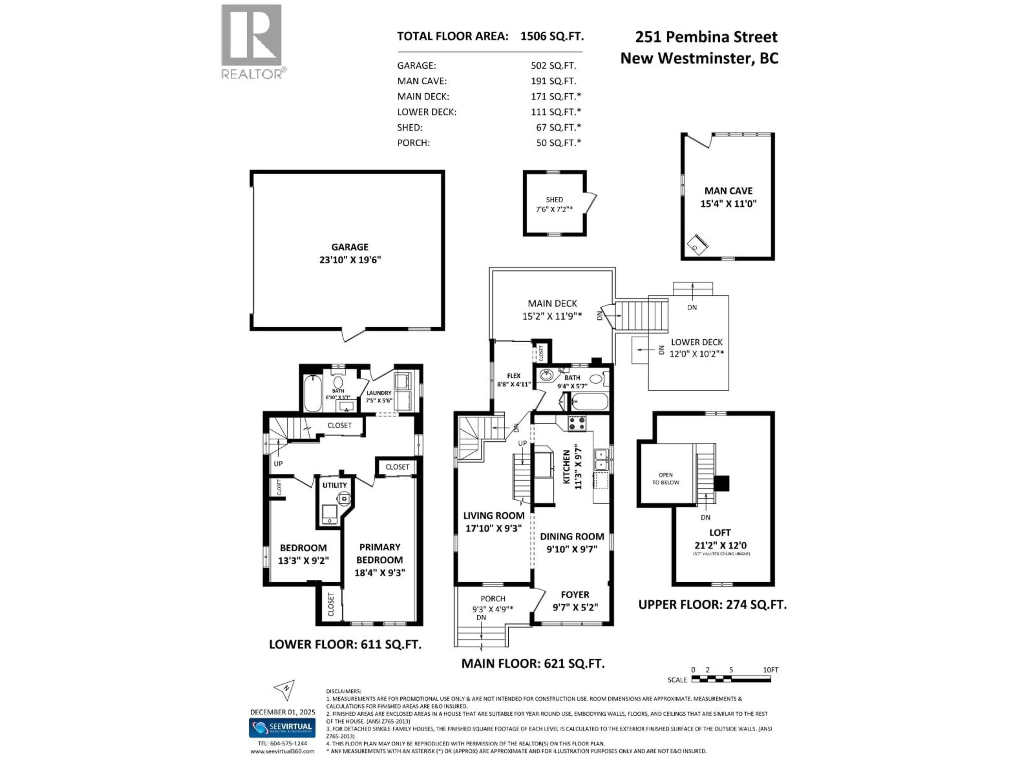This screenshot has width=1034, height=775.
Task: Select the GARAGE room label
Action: click(350, 247)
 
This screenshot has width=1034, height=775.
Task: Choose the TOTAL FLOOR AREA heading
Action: click(452, 36)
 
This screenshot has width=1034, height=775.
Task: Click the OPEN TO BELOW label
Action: click(666, 478)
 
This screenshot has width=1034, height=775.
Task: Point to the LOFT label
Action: click(719, 533)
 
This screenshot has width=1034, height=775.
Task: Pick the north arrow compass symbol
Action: click(285, 689)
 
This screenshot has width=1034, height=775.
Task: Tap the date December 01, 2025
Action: click(282, 712)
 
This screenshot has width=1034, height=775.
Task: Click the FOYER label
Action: click(575, 595)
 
